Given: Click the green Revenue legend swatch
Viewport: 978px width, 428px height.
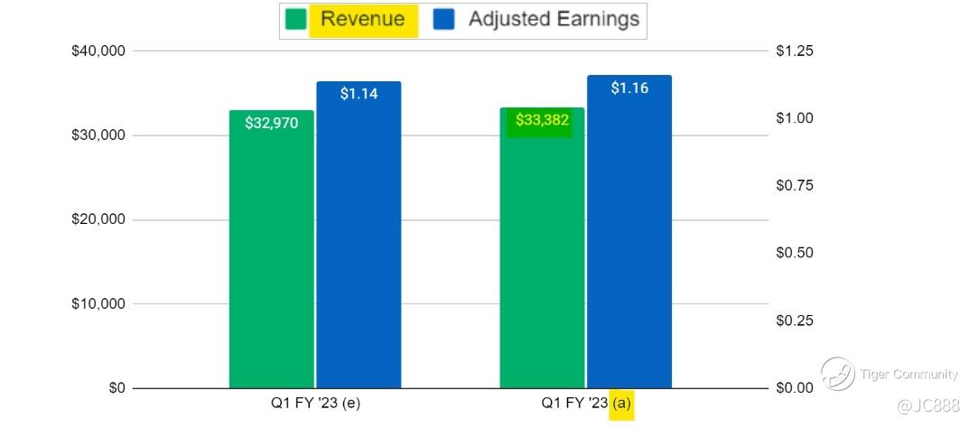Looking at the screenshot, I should [295, 20].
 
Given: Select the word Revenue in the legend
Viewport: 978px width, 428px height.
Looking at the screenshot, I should [363, 19].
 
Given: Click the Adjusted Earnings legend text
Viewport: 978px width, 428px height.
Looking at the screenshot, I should [553, 19].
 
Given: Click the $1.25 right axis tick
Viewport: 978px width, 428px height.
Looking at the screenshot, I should [795, 51].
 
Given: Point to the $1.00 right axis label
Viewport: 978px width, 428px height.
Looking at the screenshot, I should [795, 118].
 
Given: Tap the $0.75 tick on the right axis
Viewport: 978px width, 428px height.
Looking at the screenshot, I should [795, 185].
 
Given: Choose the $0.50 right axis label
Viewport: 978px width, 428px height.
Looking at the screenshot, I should [795, 253].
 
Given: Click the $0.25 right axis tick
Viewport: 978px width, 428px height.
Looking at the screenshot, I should [795, 321].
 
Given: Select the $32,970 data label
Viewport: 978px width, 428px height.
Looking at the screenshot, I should [271, 124].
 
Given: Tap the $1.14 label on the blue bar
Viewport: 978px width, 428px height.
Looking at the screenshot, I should [359, 93].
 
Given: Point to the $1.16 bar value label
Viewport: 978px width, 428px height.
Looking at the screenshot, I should [629, 88].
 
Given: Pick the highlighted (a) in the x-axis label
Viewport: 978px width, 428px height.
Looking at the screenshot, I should [621, 403].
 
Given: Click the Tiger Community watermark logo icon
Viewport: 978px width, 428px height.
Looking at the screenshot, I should [837, 372].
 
